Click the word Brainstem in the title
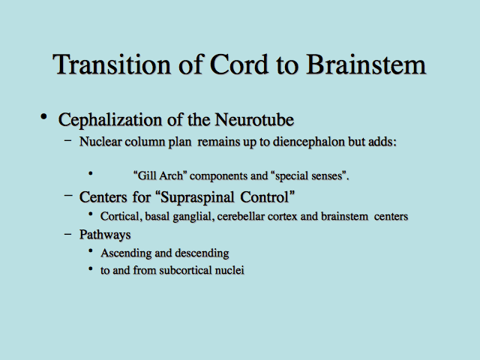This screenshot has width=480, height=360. point(366,64)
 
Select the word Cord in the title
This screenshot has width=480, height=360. point(239,64)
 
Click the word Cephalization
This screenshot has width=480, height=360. point(110,120)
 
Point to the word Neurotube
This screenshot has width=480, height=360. point(254,119)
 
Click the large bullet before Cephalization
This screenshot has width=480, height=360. point(43,117)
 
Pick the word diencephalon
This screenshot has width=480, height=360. point(308,142)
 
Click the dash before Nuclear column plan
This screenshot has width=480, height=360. point(68,141)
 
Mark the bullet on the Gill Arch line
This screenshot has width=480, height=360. point(90,173)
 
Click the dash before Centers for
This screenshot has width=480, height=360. point(68,195)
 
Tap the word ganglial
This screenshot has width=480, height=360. point(193,217)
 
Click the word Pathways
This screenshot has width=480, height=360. point(105,235)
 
